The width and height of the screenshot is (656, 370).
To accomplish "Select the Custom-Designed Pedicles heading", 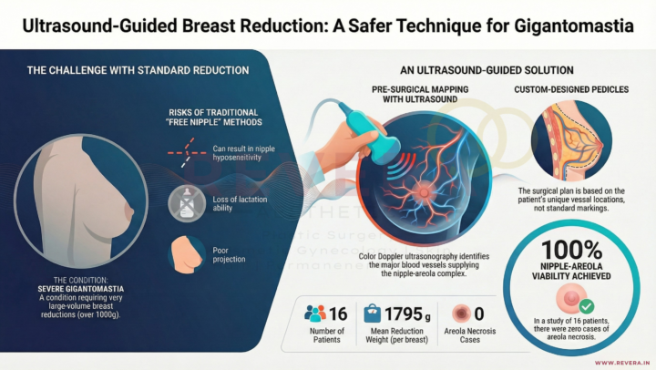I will pyautogui.click(x=572, y=89).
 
